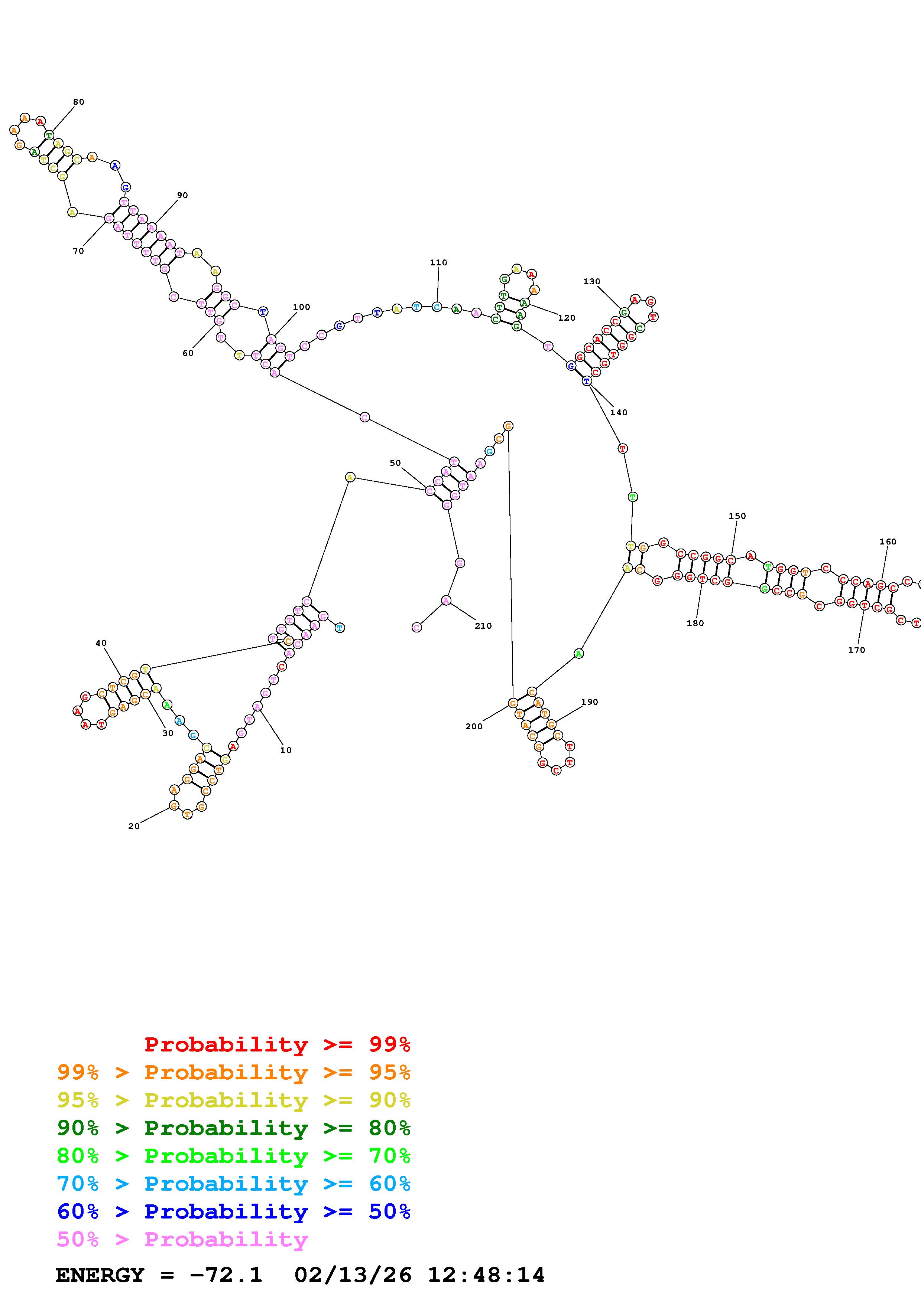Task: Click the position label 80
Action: [78, 102]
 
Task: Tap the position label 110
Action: [438, 262]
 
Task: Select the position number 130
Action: [591, 281]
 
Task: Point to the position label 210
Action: [483, 626]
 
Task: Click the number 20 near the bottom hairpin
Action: [134, 826]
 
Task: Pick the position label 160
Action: [888, 542]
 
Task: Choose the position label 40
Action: [101, 643]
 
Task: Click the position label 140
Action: [619, 412]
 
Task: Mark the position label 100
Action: [301, 307]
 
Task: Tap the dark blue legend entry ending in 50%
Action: [234, 1211]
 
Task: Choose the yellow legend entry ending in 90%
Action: [234, 1100]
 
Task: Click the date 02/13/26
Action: [353, 1275]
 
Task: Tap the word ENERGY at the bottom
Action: [100, 1275]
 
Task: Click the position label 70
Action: [78, 251]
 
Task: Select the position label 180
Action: [695, 623]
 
